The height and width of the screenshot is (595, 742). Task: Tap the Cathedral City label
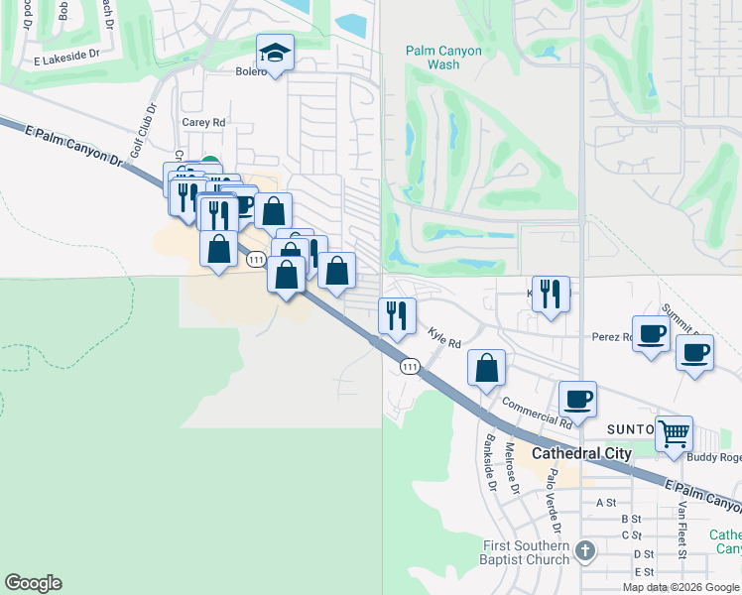581,453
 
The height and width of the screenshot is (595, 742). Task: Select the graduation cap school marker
277,54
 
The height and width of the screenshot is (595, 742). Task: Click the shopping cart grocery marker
674,433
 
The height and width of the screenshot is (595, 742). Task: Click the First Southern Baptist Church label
526,553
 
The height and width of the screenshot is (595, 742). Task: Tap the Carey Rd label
204,122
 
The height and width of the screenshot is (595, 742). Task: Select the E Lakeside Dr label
66,60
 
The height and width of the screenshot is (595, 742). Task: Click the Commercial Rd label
537,412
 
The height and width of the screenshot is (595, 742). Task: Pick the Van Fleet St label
682,529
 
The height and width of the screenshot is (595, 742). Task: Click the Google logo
33,583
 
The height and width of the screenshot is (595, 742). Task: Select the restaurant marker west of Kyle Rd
396,315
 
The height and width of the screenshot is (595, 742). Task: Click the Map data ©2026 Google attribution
680,587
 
